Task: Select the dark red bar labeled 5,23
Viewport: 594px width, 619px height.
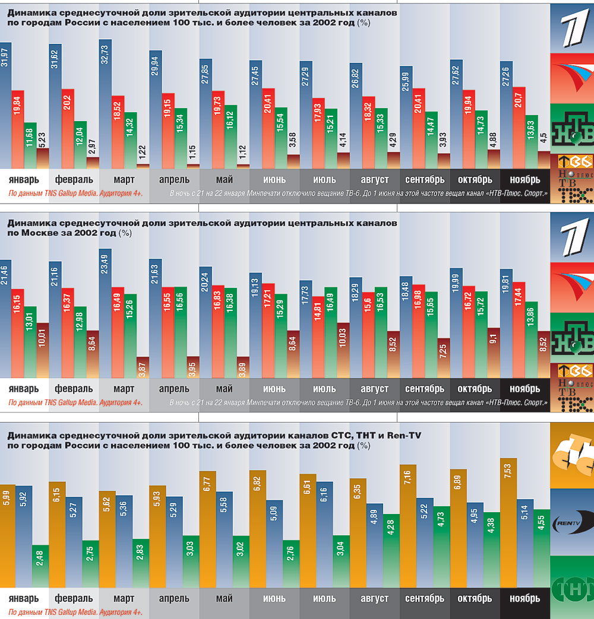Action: pyautogui.click(x=43, y=159)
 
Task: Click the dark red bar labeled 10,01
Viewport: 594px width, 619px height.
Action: pyautogui.click(x=43, y=350)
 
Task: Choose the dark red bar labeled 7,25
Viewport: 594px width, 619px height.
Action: pyautogui.click(x=443, y=360)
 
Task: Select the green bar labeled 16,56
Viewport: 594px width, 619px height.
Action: pyautogui.click(x=180, y=332)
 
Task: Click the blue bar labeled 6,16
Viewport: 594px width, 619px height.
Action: pyautogui.click(x=324, y=534)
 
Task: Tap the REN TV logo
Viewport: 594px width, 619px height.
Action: pyautogui.click(x=572, y=522)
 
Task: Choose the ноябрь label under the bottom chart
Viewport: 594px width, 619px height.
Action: pyautogui.click(x=523, y=598)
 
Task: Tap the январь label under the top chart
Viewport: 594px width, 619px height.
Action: pyautogui.click(x=24, y=179)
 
